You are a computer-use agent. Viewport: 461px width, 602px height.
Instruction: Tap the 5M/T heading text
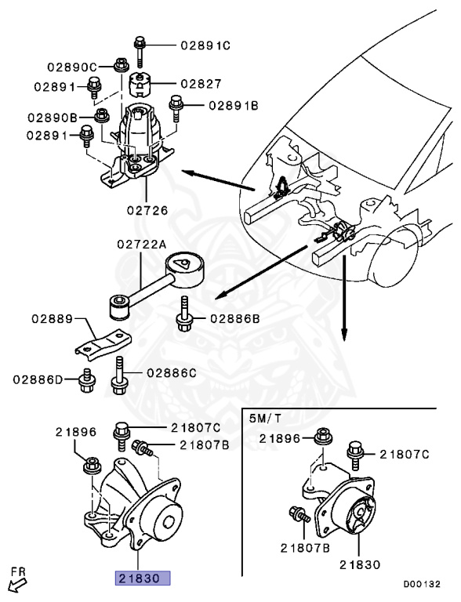[x=263, y=418]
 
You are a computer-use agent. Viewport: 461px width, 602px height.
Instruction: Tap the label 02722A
[x=143, y=245]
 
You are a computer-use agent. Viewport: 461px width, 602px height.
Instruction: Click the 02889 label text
[x=53, y=319]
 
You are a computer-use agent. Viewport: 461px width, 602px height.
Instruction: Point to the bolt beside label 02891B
[x=176, y=104]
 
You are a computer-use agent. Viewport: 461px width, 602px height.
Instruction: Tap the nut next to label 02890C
[x=120, y=64]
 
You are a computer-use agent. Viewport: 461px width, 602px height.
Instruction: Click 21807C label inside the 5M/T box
[x=405, y=453]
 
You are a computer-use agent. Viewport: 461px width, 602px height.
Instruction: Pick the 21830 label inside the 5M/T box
[x=360, y=564]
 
